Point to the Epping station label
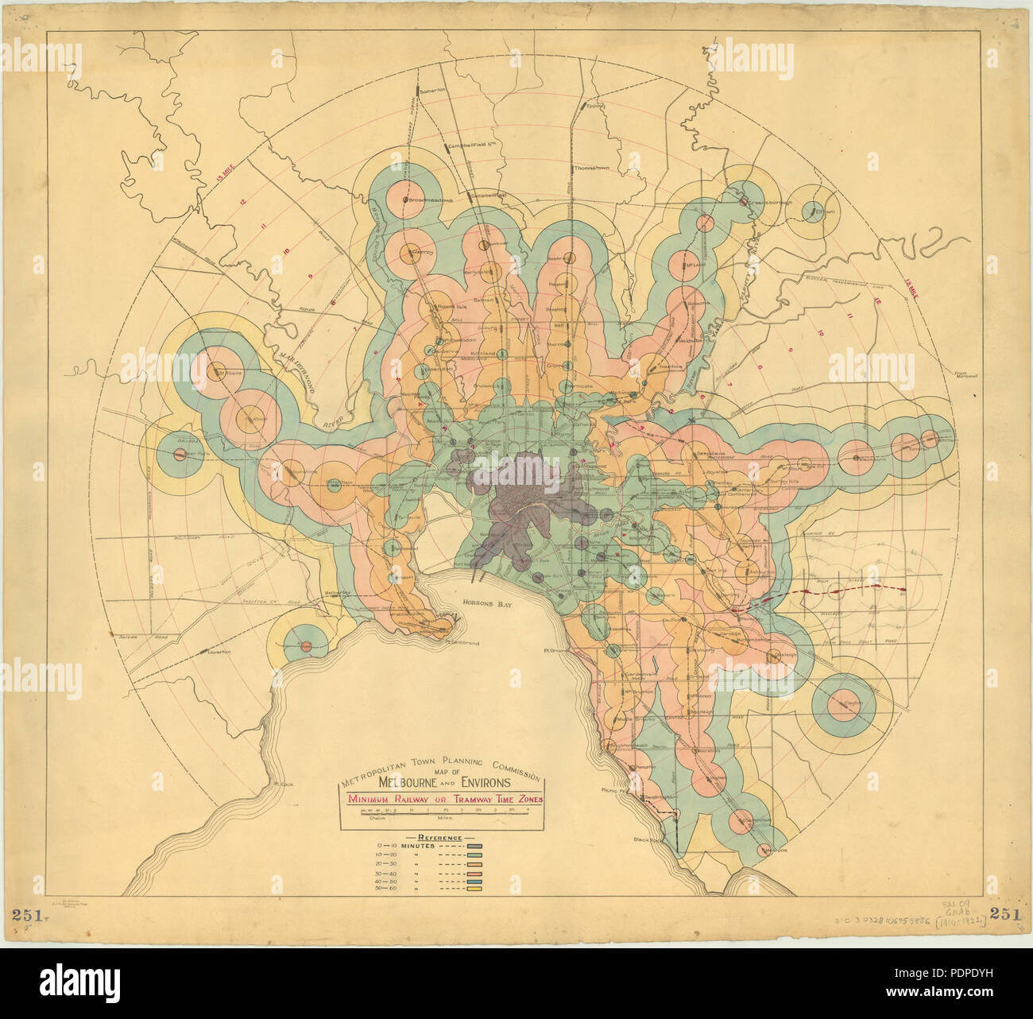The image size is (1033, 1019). (597, 104)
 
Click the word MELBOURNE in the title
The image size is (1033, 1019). (393, 783)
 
